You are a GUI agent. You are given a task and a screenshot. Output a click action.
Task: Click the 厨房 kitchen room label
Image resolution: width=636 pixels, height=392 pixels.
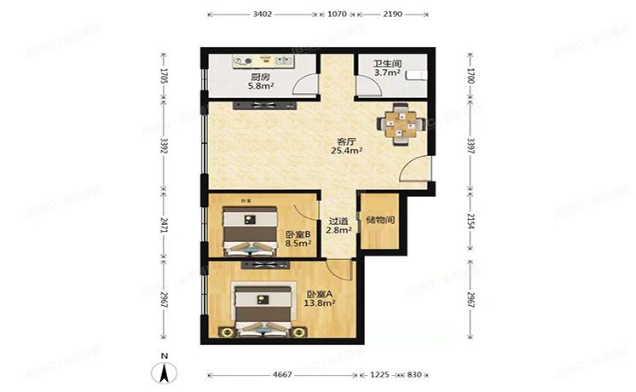tap(260, 76)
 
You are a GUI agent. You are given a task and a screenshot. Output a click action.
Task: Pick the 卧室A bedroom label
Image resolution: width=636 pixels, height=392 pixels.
tap(320, 294)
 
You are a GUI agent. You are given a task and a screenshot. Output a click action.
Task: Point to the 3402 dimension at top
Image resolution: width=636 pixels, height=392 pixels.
tap(263, 14)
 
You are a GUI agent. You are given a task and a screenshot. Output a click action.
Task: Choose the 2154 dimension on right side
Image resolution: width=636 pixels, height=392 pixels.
tap(471, 223)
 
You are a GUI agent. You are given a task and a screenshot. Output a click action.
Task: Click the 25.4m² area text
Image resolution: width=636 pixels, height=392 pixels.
tap(347, 152)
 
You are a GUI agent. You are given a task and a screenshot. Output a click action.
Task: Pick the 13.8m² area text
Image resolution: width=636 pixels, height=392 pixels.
tap(321, 303)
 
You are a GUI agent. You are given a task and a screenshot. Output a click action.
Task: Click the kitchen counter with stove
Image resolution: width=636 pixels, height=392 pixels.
tap(262, 61)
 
